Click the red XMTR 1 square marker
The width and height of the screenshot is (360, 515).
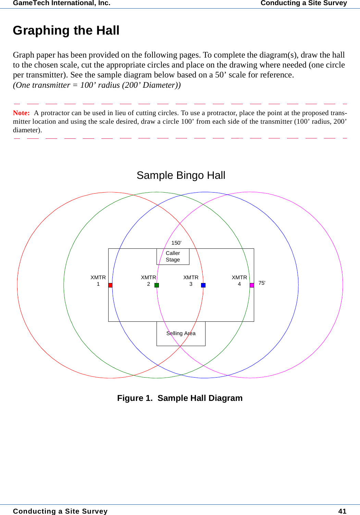coord(110,285)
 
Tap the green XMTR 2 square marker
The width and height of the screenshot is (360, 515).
coord(157,285)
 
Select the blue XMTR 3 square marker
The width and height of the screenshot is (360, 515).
coord(203,285)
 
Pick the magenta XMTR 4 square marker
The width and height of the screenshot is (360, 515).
coord(252,285)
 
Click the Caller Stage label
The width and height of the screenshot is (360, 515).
coord(173,256)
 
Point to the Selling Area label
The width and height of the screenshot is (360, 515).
coord(181,333)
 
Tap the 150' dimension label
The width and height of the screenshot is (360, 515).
coord(176,243)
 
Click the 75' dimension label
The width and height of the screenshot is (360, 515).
coord(262,283)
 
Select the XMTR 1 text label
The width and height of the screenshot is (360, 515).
coord(98,281)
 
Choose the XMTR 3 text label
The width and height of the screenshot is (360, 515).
coord(191,281)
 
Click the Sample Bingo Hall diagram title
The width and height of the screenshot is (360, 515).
coord(181,175)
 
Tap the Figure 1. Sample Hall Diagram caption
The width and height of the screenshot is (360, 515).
coord(180,398)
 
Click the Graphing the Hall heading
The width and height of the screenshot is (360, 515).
coord(66,30)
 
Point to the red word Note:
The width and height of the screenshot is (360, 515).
coord(21,113)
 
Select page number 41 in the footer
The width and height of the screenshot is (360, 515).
coord(342,511)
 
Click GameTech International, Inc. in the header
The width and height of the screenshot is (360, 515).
coord(62,3)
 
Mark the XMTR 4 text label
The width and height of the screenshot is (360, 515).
coord(239,281)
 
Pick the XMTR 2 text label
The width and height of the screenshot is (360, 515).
coord(148,281)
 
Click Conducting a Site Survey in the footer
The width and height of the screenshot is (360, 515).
coord(60,511)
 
